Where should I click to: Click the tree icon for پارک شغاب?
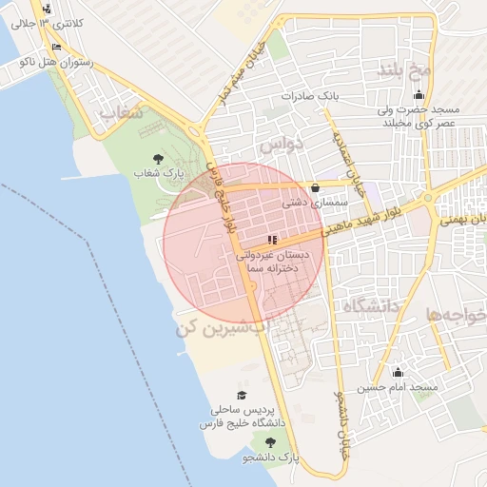[x=156, y=159]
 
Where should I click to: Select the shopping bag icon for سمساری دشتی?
[x=315, y=188]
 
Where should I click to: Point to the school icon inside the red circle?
[x=272, y=240]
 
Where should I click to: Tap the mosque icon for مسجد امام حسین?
[x=397, y=372]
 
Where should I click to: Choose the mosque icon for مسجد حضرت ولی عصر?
[x=419, y=95]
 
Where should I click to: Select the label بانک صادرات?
[x=310, y=97]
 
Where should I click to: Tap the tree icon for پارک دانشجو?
[x=271, y=442]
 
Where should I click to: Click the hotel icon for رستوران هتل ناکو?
[x=56, y=47]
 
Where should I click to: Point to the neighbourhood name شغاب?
[x=121, y=113]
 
